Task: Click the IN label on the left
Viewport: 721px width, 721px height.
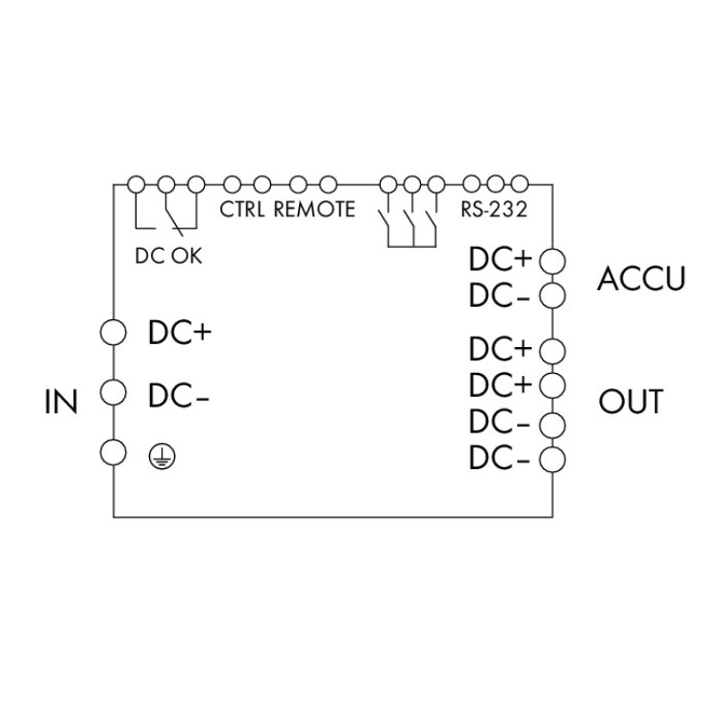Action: (62, 401)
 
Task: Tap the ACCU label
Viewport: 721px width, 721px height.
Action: (641, 279)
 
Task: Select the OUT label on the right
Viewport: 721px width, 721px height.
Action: (632, 401)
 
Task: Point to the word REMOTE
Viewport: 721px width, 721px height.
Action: (315, 210)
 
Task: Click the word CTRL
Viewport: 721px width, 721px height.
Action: (244, 210)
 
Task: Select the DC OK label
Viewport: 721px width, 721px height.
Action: (169, 257)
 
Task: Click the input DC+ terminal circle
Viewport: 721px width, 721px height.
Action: (114, 333)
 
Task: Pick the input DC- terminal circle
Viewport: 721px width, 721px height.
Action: (114, 392)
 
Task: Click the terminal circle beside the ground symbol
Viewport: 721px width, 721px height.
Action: (114, 452)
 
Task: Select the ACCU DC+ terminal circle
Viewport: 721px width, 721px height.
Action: (552, 261)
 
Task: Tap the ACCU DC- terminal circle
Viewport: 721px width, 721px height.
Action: (552, 294)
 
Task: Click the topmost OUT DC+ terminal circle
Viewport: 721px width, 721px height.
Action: (552, 348)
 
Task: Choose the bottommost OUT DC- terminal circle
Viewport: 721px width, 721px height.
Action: (552, 459)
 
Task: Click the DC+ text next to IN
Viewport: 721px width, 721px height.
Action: (179, 333)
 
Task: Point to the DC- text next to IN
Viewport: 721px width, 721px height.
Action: (179, 394)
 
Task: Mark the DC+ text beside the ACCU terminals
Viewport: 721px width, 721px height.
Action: (500, 261)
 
